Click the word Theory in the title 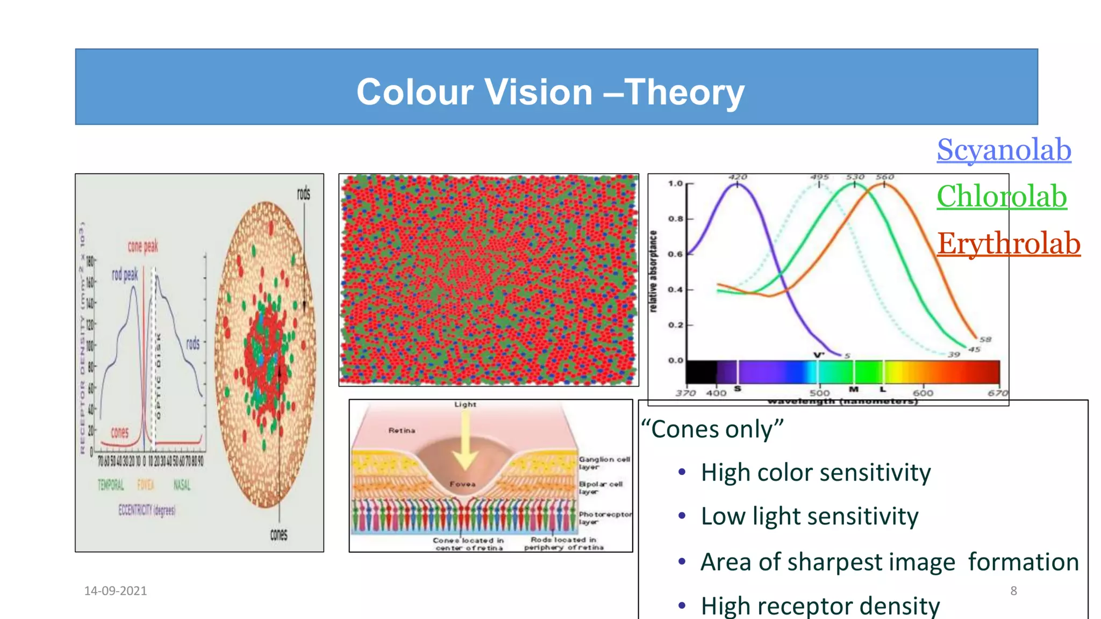(684, 92)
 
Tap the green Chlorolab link (1002, 196)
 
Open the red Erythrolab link (1009, 243)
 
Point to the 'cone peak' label (142, 246)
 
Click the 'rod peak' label (125, 275)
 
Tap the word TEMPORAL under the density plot (111, 485)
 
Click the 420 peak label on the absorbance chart (738, 177)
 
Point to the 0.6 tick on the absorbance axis (675, 254)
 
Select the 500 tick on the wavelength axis (819, 393)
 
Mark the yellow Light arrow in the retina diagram (465, 441)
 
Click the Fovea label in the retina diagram (462, 484)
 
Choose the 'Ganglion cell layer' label (603, 463)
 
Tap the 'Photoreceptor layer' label (604, 517)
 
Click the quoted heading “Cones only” (712, 429)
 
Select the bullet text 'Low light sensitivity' (809, 516)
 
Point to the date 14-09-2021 (116, 591)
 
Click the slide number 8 (1013, 591)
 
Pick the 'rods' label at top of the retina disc (304, 193)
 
